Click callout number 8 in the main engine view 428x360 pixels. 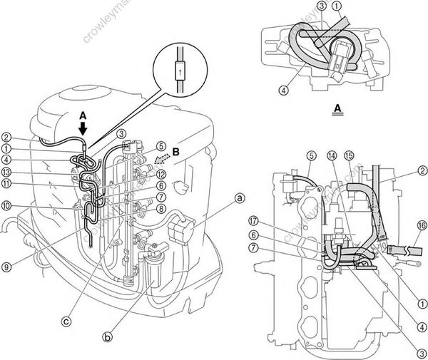coord(161,208)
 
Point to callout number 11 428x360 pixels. coord(6,183)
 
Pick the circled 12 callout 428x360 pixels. coord(161,174)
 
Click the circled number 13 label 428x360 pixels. coord(6,171)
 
